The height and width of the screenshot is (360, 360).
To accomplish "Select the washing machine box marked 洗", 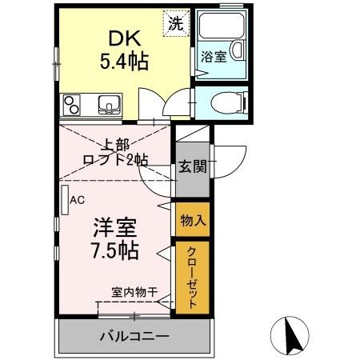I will point(174,22).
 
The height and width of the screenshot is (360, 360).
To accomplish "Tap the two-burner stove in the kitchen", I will point(72,104).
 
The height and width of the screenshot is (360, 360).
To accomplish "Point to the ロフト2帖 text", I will point(117,160).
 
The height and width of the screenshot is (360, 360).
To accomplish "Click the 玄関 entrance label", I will point(192,167).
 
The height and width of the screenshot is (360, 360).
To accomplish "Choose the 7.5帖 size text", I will point(114,250).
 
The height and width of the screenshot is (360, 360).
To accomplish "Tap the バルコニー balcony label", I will point(134,335).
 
